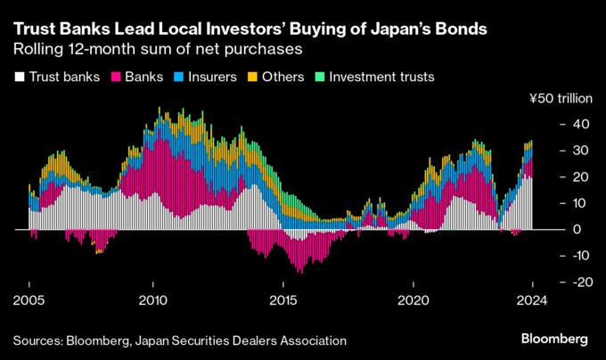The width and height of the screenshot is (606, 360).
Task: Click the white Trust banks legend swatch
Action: point(19,78)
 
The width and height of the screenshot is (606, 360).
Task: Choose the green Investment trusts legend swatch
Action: point(321,78)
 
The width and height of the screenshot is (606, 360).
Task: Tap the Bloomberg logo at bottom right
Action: point(553,340)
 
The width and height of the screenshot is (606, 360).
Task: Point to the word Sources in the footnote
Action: point(40,340)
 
